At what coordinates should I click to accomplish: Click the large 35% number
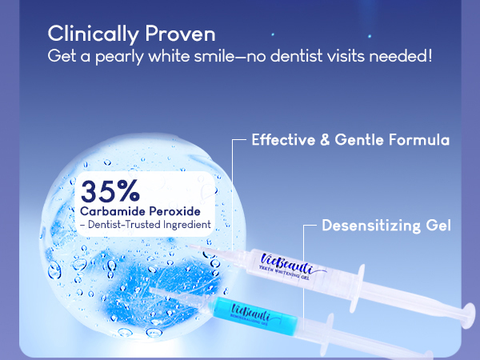point(110,192)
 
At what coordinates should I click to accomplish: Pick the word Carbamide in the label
point(111,211)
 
